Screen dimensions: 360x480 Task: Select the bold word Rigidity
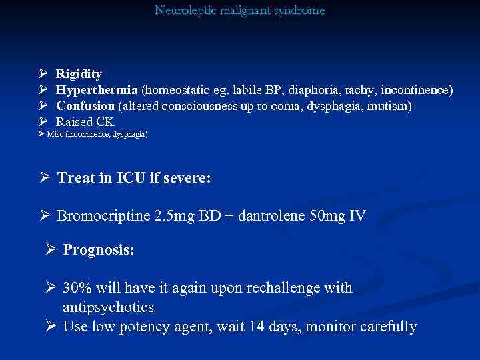click(x=79, y=74)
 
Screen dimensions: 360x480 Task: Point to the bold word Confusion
click(x=85, y=106)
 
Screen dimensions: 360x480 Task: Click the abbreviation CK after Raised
click(x=105, y=122)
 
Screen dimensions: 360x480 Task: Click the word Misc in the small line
click(x=56, y=135)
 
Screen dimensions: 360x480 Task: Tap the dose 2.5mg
click(x=175, y=216)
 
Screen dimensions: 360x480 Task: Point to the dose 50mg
click(x=327, y=216)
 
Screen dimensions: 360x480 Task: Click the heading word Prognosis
click(x=99, y=250)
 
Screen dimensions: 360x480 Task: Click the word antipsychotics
click(x=108, y=307)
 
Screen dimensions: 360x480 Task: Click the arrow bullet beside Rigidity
click(x=43, y=74)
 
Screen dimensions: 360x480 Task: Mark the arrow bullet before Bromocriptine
click(x=45, y=216)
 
